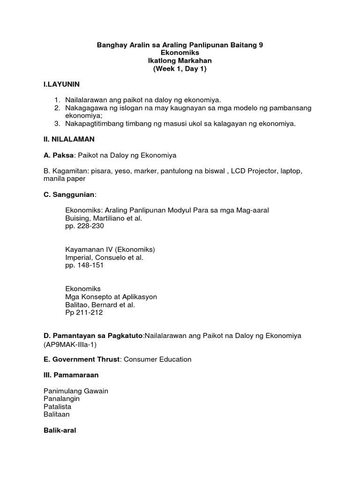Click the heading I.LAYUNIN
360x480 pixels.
(61, 84)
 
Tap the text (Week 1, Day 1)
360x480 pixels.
(180, 69)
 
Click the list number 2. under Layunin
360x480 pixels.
(57, 108)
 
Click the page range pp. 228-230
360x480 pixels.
(84, 226)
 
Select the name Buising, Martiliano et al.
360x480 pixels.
(103, 218)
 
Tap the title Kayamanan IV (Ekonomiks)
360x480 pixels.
(110, 250)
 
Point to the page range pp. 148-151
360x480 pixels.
(84, 265)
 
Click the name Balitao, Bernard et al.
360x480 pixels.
(100, 305)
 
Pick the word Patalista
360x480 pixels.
(58, 407)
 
